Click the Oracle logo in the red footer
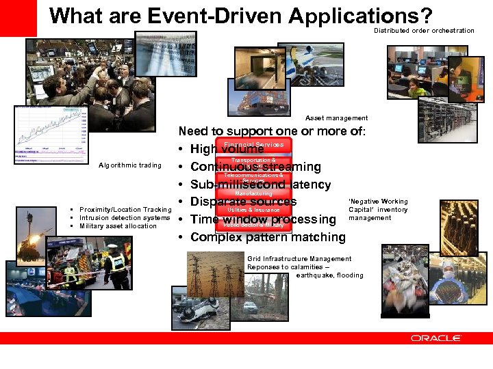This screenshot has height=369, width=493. tap(435, 338)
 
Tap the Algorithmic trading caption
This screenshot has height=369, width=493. tap(130, 165)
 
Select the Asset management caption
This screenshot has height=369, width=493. tap(336, 118)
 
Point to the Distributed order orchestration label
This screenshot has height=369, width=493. tap(424, 31)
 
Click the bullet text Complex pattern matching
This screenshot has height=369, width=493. tap(268, 237)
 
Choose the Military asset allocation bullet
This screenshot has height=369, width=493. tap(118, 226)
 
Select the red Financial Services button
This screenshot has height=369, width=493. tap(253, 145)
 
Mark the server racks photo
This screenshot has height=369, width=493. tap(447, 119)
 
